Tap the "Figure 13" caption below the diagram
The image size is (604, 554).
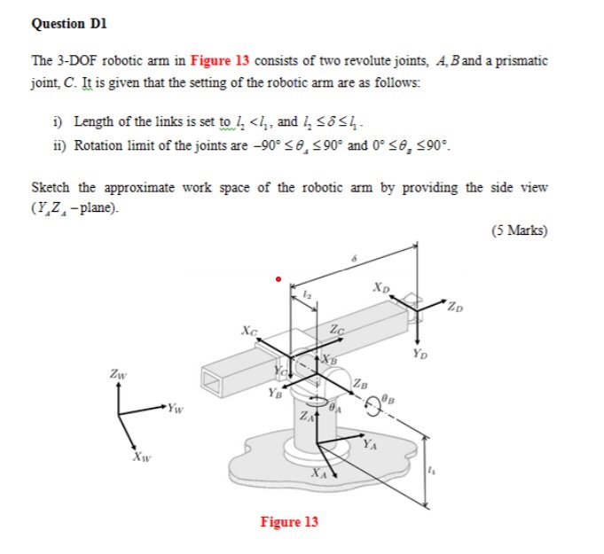click(288, 521)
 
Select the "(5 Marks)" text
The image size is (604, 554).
click(518, 231)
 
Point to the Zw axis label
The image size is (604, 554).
click(119, 376)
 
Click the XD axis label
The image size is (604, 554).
click(380, 287)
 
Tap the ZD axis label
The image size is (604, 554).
click(456, 308)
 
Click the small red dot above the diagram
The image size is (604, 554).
click(278, 278)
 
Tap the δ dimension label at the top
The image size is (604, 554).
click(354, 258)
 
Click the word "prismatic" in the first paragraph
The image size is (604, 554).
click(520, 61)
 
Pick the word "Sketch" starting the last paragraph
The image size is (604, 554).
click(51, 188)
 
